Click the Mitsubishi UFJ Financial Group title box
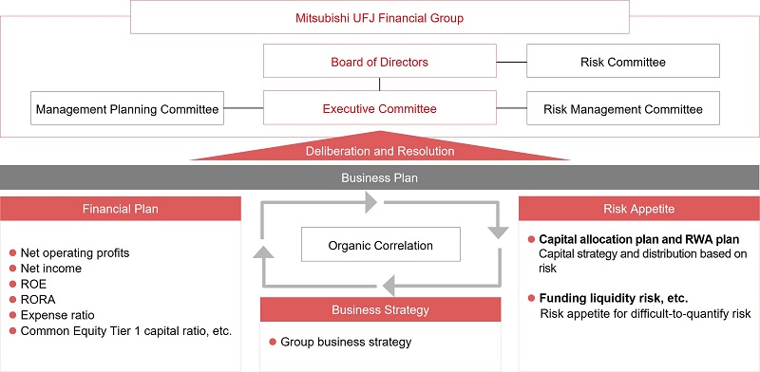click(x=380, y=17)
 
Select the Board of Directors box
click(x=380, y=62)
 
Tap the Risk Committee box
click(x=623, y=62)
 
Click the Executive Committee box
click(x=380, y=108)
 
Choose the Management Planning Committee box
click(x=127, y=109)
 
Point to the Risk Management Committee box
click(x=623, y=109)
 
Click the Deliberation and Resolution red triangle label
click(x=380, y=151)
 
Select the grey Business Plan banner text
click(x=380, y=177)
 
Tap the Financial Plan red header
click(x=121, y=208)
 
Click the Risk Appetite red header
click(x=638, y=208)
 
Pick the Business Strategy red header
click(x=380, y=309)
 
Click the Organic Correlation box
click(x=380, y=245)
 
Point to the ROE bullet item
click(x=35, y=284)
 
